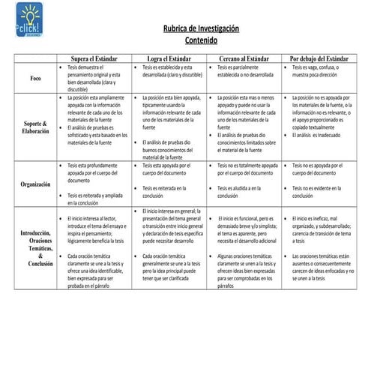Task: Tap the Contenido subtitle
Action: pyautogui.click(x=200, y=40)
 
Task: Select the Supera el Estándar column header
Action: pyautogui.click(x=93, y=58)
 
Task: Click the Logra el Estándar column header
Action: pyautogui.click(x=168, y=58)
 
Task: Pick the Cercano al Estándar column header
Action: pyautogui.click(x=244, y=58)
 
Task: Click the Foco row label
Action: pyautogui.click(x=35, y=78)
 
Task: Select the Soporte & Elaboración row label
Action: pyautogui.click(x=35, y=126)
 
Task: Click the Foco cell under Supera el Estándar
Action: pyautogui.click(x=93, y=78)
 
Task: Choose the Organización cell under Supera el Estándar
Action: pyautogui.click(x=93, y=183)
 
